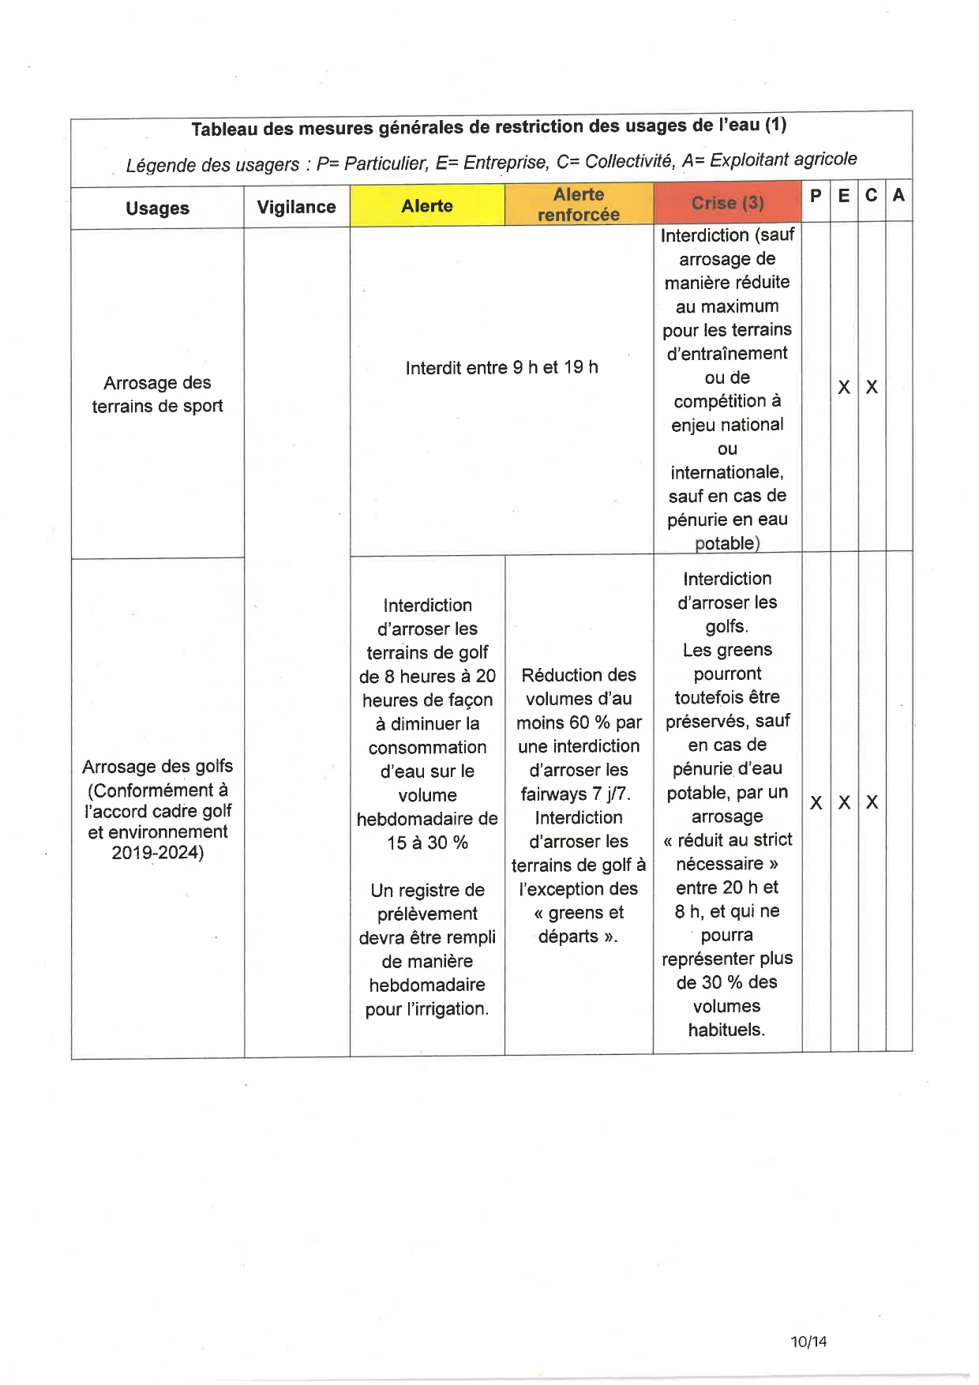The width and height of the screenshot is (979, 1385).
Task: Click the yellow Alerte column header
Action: pyautogui.click(x=427, y=206)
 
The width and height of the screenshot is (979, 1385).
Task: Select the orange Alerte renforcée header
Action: pyautogui.click(x=579, y=205)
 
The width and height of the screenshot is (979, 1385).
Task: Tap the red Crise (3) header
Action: pyautogui.click(x=727, y=203)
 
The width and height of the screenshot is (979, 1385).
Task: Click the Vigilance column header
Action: pyautogui.click(x=296, y=207)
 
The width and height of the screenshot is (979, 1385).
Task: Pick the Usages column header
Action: pyautogui.click(x=157, y=208)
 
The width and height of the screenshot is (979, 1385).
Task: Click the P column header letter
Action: pyautogui.click(x=816, y=195)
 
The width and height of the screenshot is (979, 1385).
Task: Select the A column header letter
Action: pyautogui.click(x=898, y=195)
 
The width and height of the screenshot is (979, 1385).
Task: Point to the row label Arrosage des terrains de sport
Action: pyautogui.click(x=157, y=394)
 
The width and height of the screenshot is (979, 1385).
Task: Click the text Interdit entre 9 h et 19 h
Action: pyautogui.click(x=501, y=367)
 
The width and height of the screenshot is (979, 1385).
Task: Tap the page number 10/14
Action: pyautogui.click(x=808, y=1342)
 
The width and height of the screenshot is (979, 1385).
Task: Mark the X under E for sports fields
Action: pyautogui.click(x=844, y=387)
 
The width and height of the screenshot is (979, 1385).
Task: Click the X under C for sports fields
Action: pyautogui.click(x=872, y=387)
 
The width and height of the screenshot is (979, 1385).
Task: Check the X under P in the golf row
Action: pyautogui.click(x=816, y=802)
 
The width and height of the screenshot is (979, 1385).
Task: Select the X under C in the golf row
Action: pyautogui.click(x=872, y=802)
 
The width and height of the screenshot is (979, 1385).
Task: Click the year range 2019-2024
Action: pyautogui.click(x=157, y=853)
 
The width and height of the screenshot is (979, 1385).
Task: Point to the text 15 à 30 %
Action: pyautogui.click(x=427, y=843)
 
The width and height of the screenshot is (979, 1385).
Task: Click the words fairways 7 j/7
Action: pyautogui.click(x=576, y=794)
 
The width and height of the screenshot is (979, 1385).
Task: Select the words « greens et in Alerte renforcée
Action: pyautogui.click(x=579, y=913)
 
